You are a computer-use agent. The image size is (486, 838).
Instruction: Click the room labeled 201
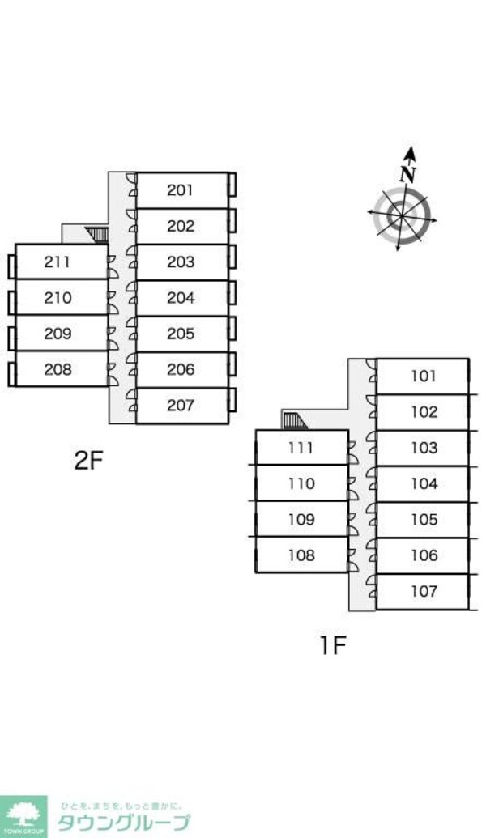[x=181, y=190]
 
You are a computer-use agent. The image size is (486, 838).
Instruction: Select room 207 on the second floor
[x=181, y=405]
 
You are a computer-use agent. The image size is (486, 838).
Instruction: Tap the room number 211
[x=58, y=262]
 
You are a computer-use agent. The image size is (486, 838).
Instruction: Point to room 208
[x=58, y=369]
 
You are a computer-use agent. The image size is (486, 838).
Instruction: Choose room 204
[x=181, y=297]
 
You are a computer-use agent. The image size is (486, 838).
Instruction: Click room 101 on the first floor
[x=424, y=376]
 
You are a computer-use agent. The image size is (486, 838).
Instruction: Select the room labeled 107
[x=424, y=591]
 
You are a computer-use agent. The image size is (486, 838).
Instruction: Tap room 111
[x=301, y=448]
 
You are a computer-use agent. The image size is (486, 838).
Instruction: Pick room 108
[x=301, y=555]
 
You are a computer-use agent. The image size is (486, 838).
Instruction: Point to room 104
[x=424, y=483]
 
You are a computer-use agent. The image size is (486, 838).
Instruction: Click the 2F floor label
[x=89, y=461]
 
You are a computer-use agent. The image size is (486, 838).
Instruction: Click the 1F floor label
[x=331, y=645]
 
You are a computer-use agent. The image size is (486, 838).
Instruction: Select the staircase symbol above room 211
[x=98, y=235]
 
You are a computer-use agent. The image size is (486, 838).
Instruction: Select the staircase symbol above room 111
[x=295, y=420]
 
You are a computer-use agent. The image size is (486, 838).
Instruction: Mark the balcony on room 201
[x=232, y=190]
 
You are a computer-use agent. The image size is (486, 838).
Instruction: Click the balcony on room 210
[x=11, y=298]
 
